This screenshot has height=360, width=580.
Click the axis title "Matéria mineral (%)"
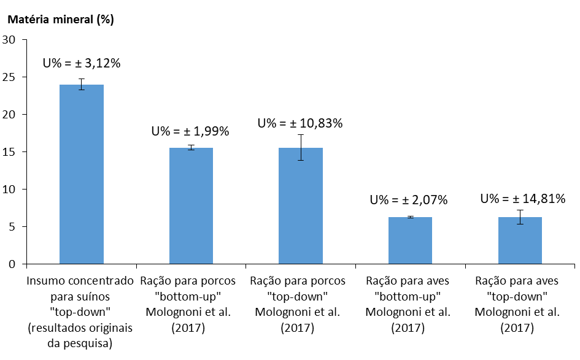coord(60,19)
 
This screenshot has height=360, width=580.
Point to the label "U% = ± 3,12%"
coord(81,63)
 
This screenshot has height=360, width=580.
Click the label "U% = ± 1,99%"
coord(190,131)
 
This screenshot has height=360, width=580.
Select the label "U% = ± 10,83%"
coord(300,123)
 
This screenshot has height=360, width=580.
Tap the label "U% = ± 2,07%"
coord(409,200)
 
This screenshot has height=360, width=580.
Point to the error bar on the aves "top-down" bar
coord(520,217)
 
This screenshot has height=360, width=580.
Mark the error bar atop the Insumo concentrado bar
coord(81,84)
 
